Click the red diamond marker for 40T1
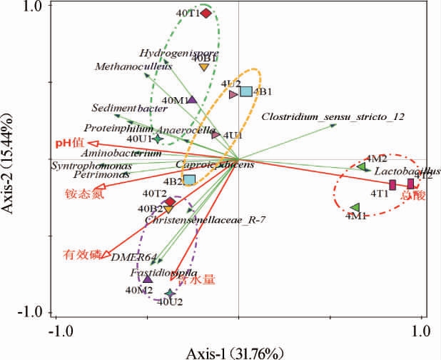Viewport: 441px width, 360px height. [206, 13]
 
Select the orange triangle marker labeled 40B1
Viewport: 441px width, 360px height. [203, 67]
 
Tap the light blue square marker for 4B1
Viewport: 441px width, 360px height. [245, 91]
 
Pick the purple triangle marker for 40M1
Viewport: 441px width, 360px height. [191, 101]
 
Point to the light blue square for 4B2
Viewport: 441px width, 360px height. [189, 180]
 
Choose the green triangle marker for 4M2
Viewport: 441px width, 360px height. [361, 167]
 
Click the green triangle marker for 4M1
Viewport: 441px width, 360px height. [355, 207]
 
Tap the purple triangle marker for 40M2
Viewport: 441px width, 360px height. [148, 279]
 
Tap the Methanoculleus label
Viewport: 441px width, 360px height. [123, 66]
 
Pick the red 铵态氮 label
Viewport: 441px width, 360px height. [83, 194]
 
